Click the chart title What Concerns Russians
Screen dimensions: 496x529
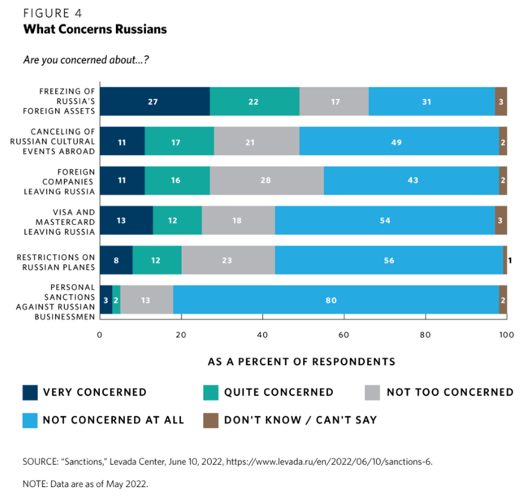(95, 29)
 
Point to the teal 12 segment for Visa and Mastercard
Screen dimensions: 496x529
(173, 220)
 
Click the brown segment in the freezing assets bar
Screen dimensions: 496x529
(501, 102)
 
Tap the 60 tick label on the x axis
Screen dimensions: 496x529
(344, 334)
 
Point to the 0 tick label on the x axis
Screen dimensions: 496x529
(100, 334)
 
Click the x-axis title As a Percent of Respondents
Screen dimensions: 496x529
(301, 361)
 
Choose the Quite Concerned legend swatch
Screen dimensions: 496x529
(211, 392)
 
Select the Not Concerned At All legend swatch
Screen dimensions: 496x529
(30, 420)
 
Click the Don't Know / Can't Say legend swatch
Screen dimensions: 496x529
(211, 420)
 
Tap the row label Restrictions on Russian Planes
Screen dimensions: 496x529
(57, 261)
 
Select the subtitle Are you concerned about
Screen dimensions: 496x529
(77, 60)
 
